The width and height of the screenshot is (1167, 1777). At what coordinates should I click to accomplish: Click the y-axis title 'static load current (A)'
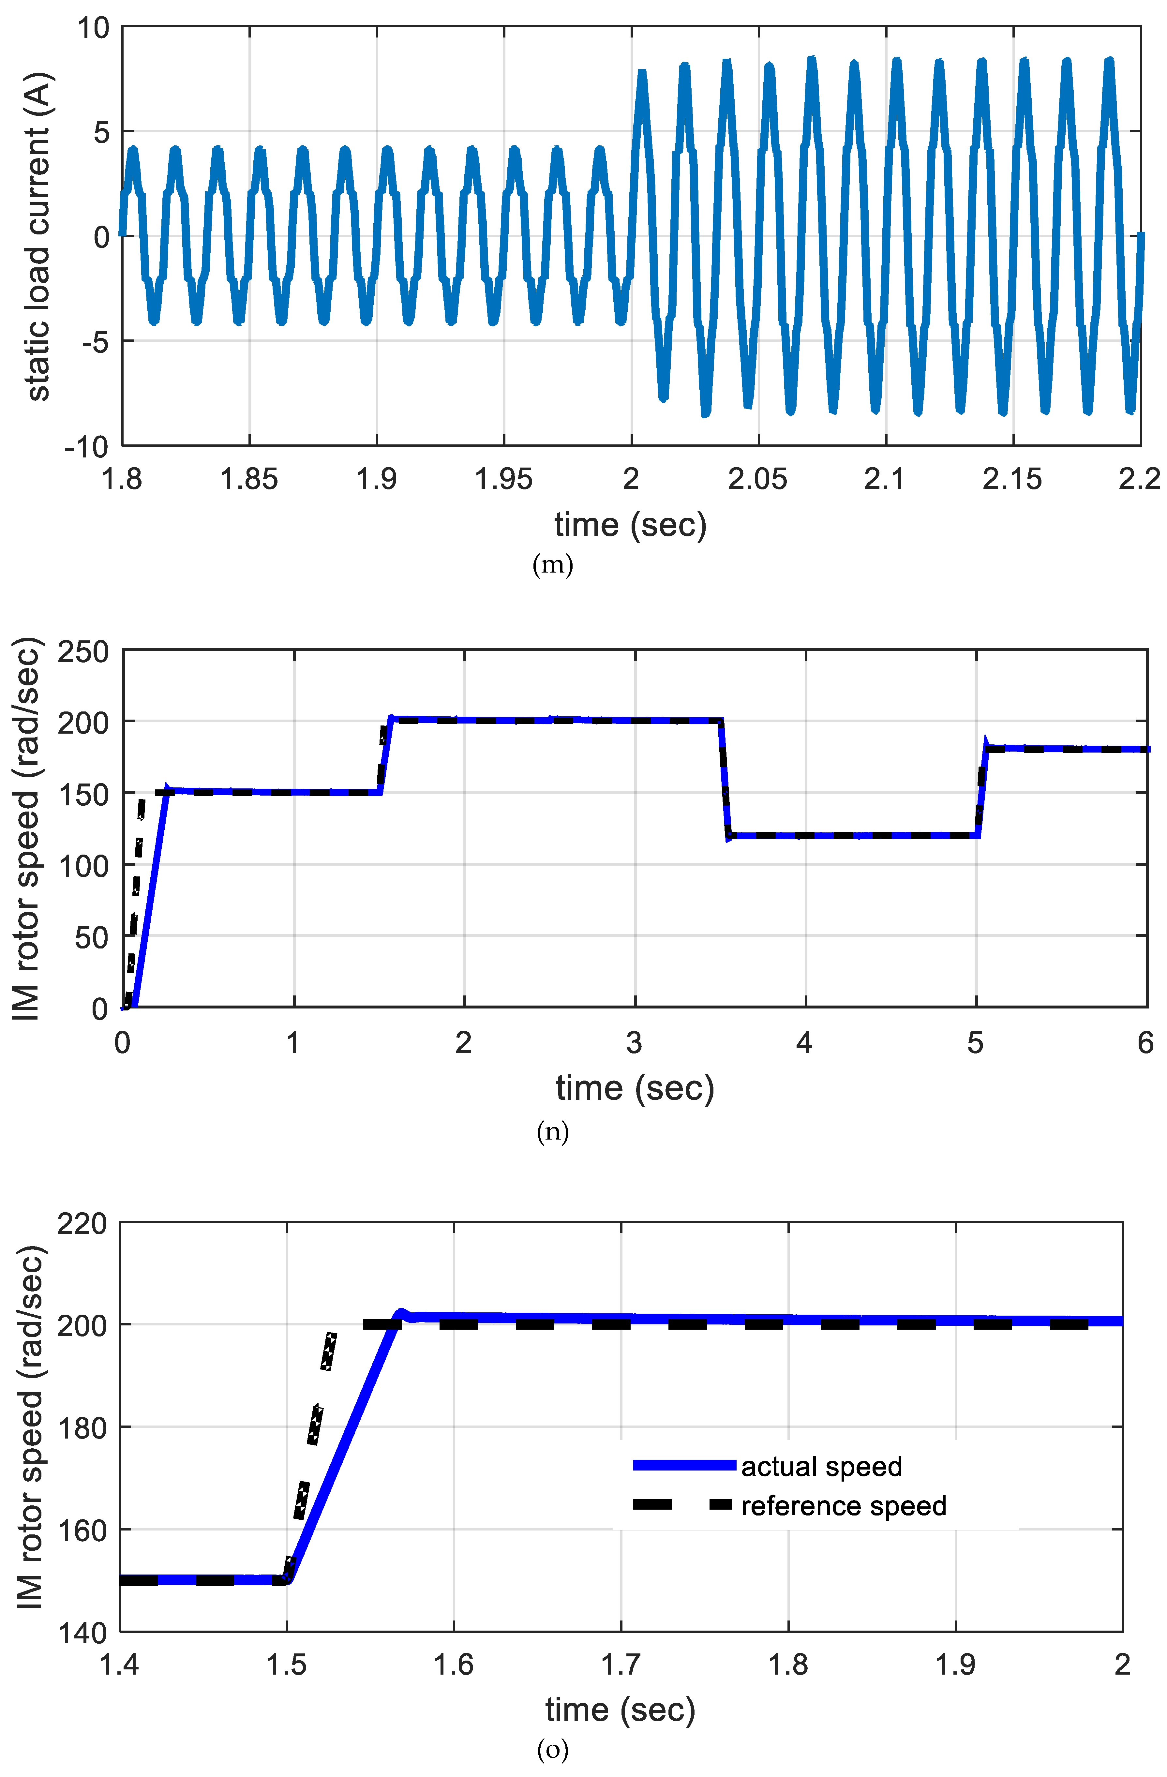(37, 237)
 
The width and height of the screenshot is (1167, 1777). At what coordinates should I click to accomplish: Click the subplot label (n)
(552, 1132)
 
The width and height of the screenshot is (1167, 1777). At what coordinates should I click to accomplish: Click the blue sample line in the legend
(684, 1466)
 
